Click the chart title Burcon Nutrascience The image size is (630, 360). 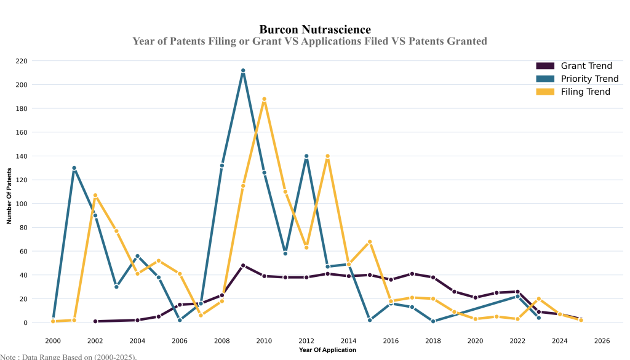315,29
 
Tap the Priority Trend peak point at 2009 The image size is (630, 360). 243,71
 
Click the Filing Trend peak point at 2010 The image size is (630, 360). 264,99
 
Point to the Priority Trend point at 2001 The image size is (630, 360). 74,168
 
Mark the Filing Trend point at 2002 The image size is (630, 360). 95,195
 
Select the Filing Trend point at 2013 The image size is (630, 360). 328,156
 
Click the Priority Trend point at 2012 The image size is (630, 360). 306,156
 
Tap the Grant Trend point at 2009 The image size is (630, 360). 243,265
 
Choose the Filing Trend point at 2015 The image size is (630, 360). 370,242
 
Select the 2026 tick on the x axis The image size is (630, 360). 602,340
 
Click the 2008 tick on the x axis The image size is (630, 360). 222,340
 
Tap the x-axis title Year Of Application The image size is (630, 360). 327,350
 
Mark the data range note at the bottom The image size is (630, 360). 68,356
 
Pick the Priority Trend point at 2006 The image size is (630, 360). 180,320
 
